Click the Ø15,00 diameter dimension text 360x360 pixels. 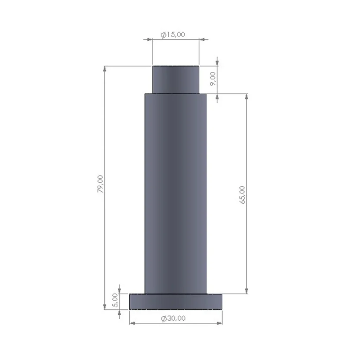point(173,34)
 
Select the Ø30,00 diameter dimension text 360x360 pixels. point(173,319)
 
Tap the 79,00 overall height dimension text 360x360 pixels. point(101,184)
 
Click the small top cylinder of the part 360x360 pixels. point(176,79)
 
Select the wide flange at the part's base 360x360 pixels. point(176,302)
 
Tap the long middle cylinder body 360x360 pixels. point(176,193)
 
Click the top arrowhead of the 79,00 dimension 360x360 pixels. point(104,68)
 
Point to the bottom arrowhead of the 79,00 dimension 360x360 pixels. point(104,307)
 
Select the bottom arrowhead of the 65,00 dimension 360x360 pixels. point(246,291)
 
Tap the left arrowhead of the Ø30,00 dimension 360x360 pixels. point(132,323)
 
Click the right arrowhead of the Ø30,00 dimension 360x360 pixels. point(220,323)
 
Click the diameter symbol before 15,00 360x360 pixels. point(163,35)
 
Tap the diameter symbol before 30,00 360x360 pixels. point(164,319)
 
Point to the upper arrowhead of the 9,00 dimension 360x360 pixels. point(217,63)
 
